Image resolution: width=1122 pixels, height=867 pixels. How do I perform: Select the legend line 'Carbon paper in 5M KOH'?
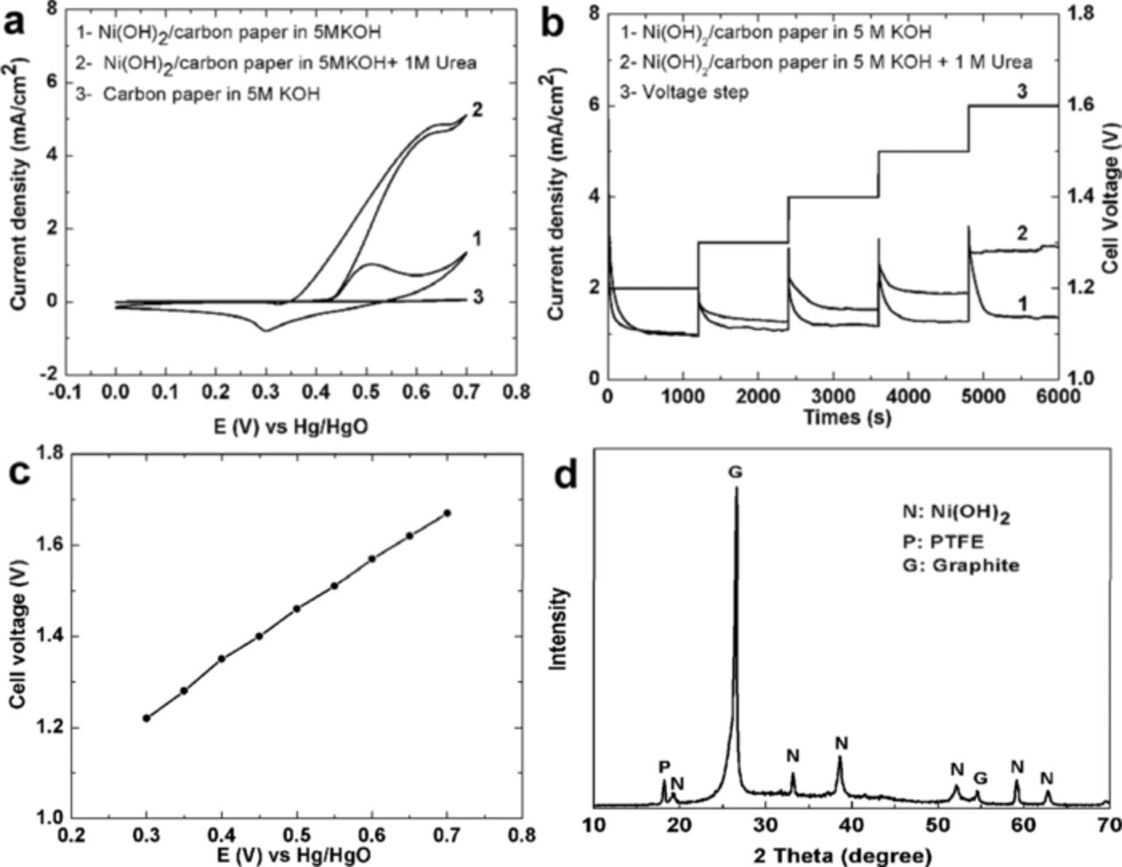[x=198, y=94]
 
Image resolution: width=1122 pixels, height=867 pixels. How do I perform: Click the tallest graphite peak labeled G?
[x=736, y=491]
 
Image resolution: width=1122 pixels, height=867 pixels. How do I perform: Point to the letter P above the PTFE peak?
[x=664, y=767]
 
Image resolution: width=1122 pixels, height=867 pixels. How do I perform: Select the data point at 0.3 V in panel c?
[x=147, y=718]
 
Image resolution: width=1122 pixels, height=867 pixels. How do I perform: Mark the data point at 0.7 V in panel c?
[x=447, y=513]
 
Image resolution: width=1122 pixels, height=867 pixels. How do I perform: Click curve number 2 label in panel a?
[x=477, y=111]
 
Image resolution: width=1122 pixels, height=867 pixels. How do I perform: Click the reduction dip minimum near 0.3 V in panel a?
[x=265, y=330]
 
